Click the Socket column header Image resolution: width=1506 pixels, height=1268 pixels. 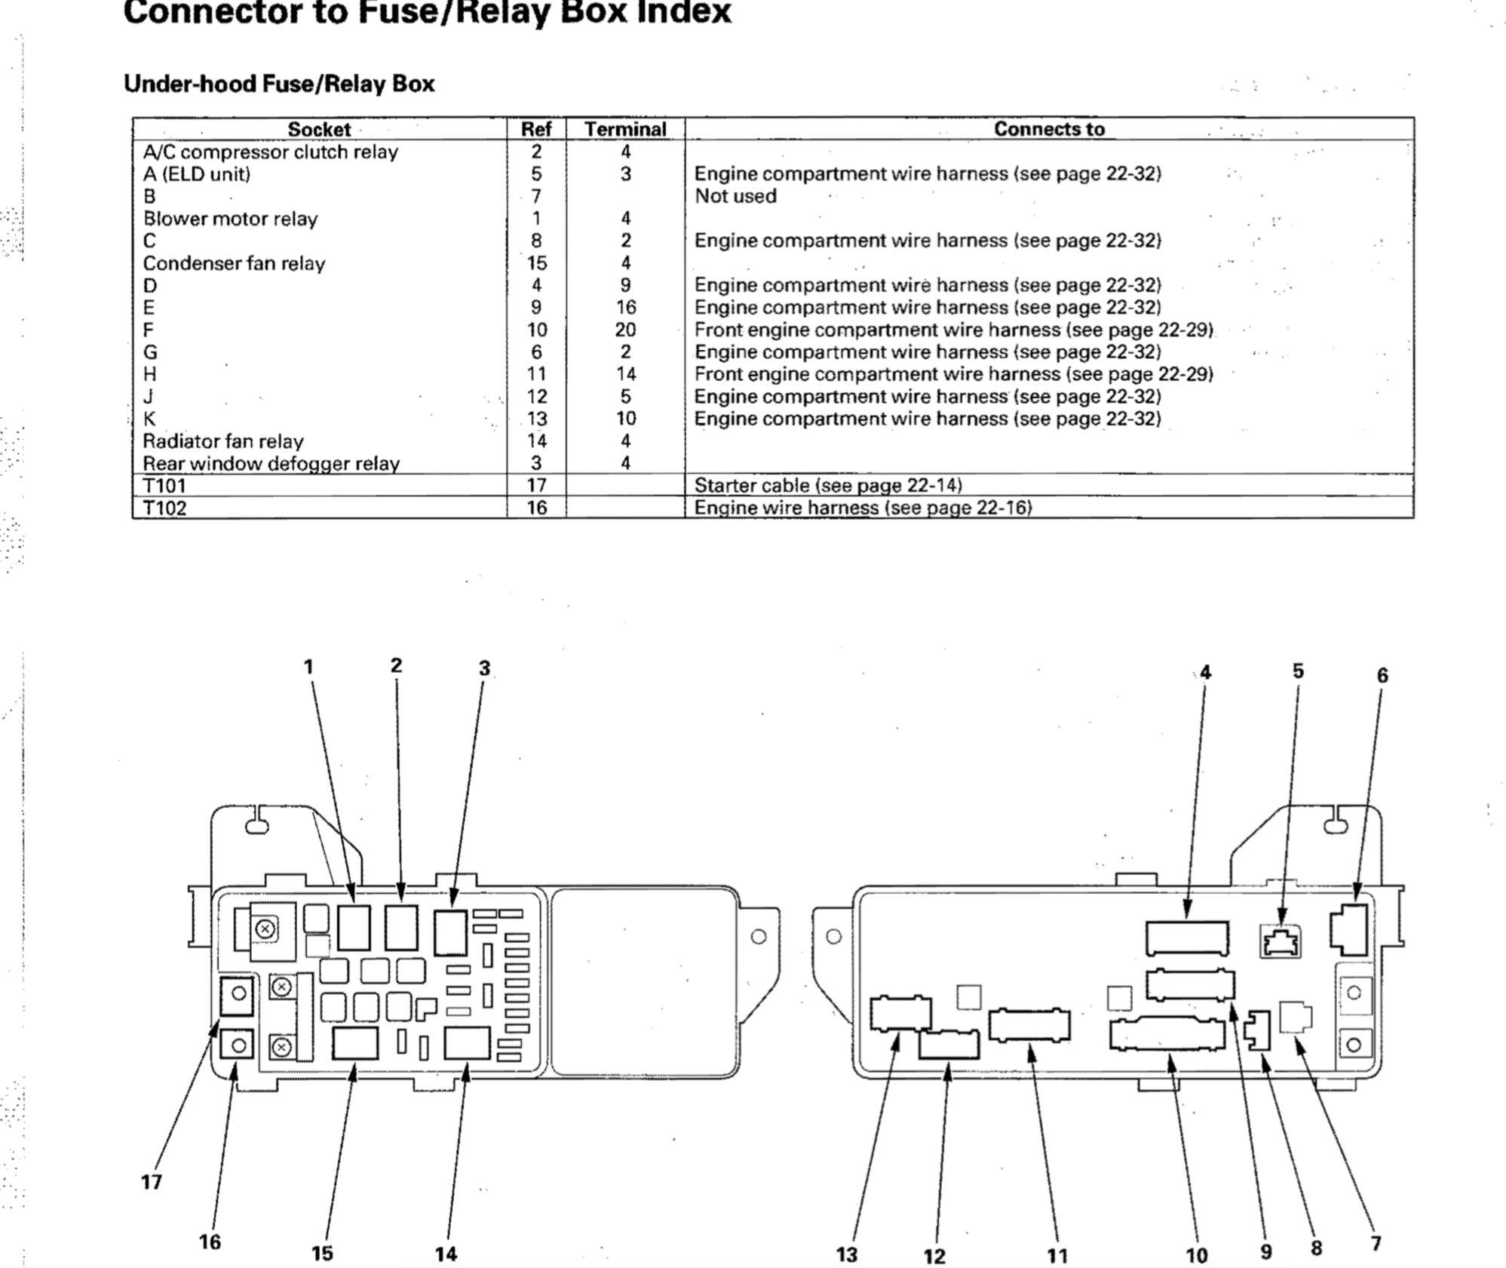[x=319, y=130]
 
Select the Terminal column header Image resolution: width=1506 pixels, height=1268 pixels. [x=625, y=130]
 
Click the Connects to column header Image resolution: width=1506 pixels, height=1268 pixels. [x=1048, y=129]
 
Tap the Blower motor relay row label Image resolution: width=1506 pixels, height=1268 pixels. [x=230, y=219]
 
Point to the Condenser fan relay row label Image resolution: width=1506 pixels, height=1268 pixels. [x=234, y=263]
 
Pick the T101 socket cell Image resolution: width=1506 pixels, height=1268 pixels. [x=164, y=485]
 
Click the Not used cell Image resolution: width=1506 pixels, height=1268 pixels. [x=735, y=196]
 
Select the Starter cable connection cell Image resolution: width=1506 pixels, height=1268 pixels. [x=827, y=485]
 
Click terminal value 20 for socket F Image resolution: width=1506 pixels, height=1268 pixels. [x=625, y=330]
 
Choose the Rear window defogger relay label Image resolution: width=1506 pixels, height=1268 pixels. [x=271, y=463]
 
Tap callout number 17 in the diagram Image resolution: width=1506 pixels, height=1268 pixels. [x=152, y=1181]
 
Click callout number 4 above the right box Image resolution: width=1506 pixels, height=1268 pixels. [x=1205, y=672]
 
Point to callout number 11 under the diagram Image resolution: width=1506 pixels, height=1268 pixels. [x=1057, y=1255]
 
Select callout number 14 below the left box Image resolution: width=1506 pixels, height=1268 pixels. [x=446, y=1254]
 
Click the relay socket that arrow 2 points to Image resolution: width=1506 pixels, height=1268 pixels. [x=400, y=928]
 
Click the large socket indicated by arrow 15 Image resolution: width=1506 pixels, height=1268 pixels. [x=354, y=1044]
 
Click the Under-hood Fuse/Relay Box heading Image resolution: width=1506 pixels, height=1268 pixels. [x=279, y=83]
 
